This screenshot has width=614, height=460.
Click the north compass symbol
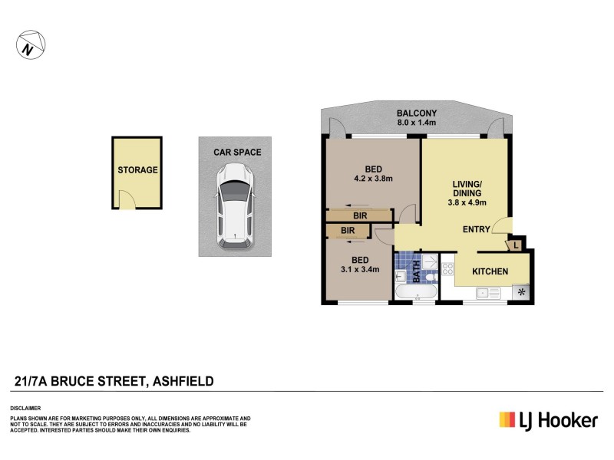28,47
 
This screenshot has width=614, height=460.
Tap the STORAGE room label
137,170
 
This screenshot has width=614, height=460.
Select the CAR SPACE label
237,153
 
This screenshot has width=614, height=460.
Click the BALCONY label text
417,112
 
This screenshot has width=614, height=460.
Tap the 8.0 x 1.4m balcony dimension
417,122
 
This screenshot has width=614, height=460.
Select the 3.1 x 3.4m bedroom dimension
360,269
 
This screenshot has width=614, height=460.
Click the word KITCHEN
490,271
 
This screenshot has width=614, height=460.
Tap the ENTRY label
477,229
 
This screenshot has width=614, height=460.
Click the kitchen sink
486,291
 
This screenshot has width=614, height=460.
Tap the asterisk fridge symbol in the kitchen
522,291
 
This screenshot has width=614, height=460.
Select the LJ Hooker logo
548,419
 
